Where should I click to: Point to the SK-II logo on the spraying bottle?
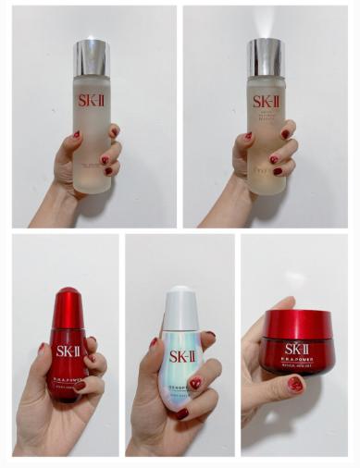point(267,101)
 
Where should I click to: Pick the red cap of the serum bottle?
point(68,302)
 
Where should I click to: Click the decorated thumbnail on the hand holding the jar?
point(294,384)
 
